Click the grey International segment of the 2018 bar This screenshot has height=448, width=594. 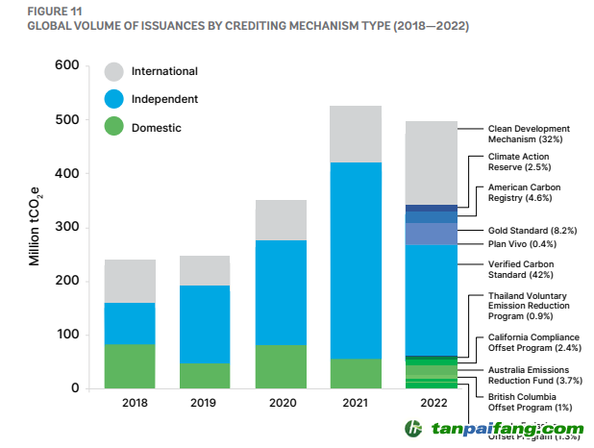coord(130,281)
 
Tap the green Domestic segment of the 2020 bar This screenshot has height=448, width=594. coord(280,366)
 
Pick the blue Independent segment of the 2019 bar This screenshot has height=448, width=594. coord(205,324)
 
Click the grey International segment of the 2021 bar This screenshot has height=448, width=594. coord(355,134)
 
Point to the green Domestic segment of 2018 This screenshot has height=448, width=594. coord(130,366)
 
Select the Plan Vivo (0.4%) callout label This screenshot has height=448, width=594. coord(523,244)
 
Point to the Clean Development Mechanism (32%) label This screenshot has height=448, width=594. coord(528,134)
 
